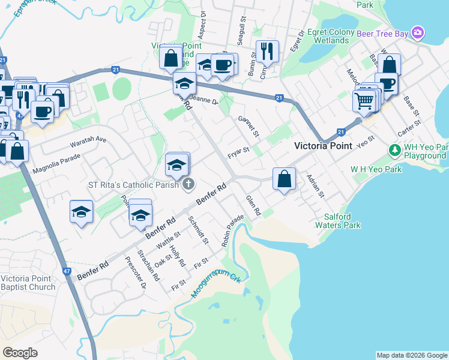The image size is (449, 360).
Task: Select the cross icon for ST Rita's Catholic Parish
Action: click(188, 184)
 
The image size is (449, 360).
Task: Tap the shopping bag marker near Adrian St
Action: click(284, 178)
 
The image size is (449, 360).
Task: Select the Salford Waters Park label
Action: click(342, 221)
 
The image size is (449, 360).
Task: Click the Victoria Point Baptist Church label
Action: click(28, 283)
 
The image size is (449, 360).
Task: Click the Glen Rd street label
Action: click(253, 205)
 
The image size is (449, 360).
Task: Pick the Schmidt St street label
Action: click(198, 230)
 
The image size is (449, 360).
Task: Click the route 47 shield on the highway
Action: click(65, 271)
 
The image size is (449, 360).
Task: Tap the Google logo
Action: click(20, 353)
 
